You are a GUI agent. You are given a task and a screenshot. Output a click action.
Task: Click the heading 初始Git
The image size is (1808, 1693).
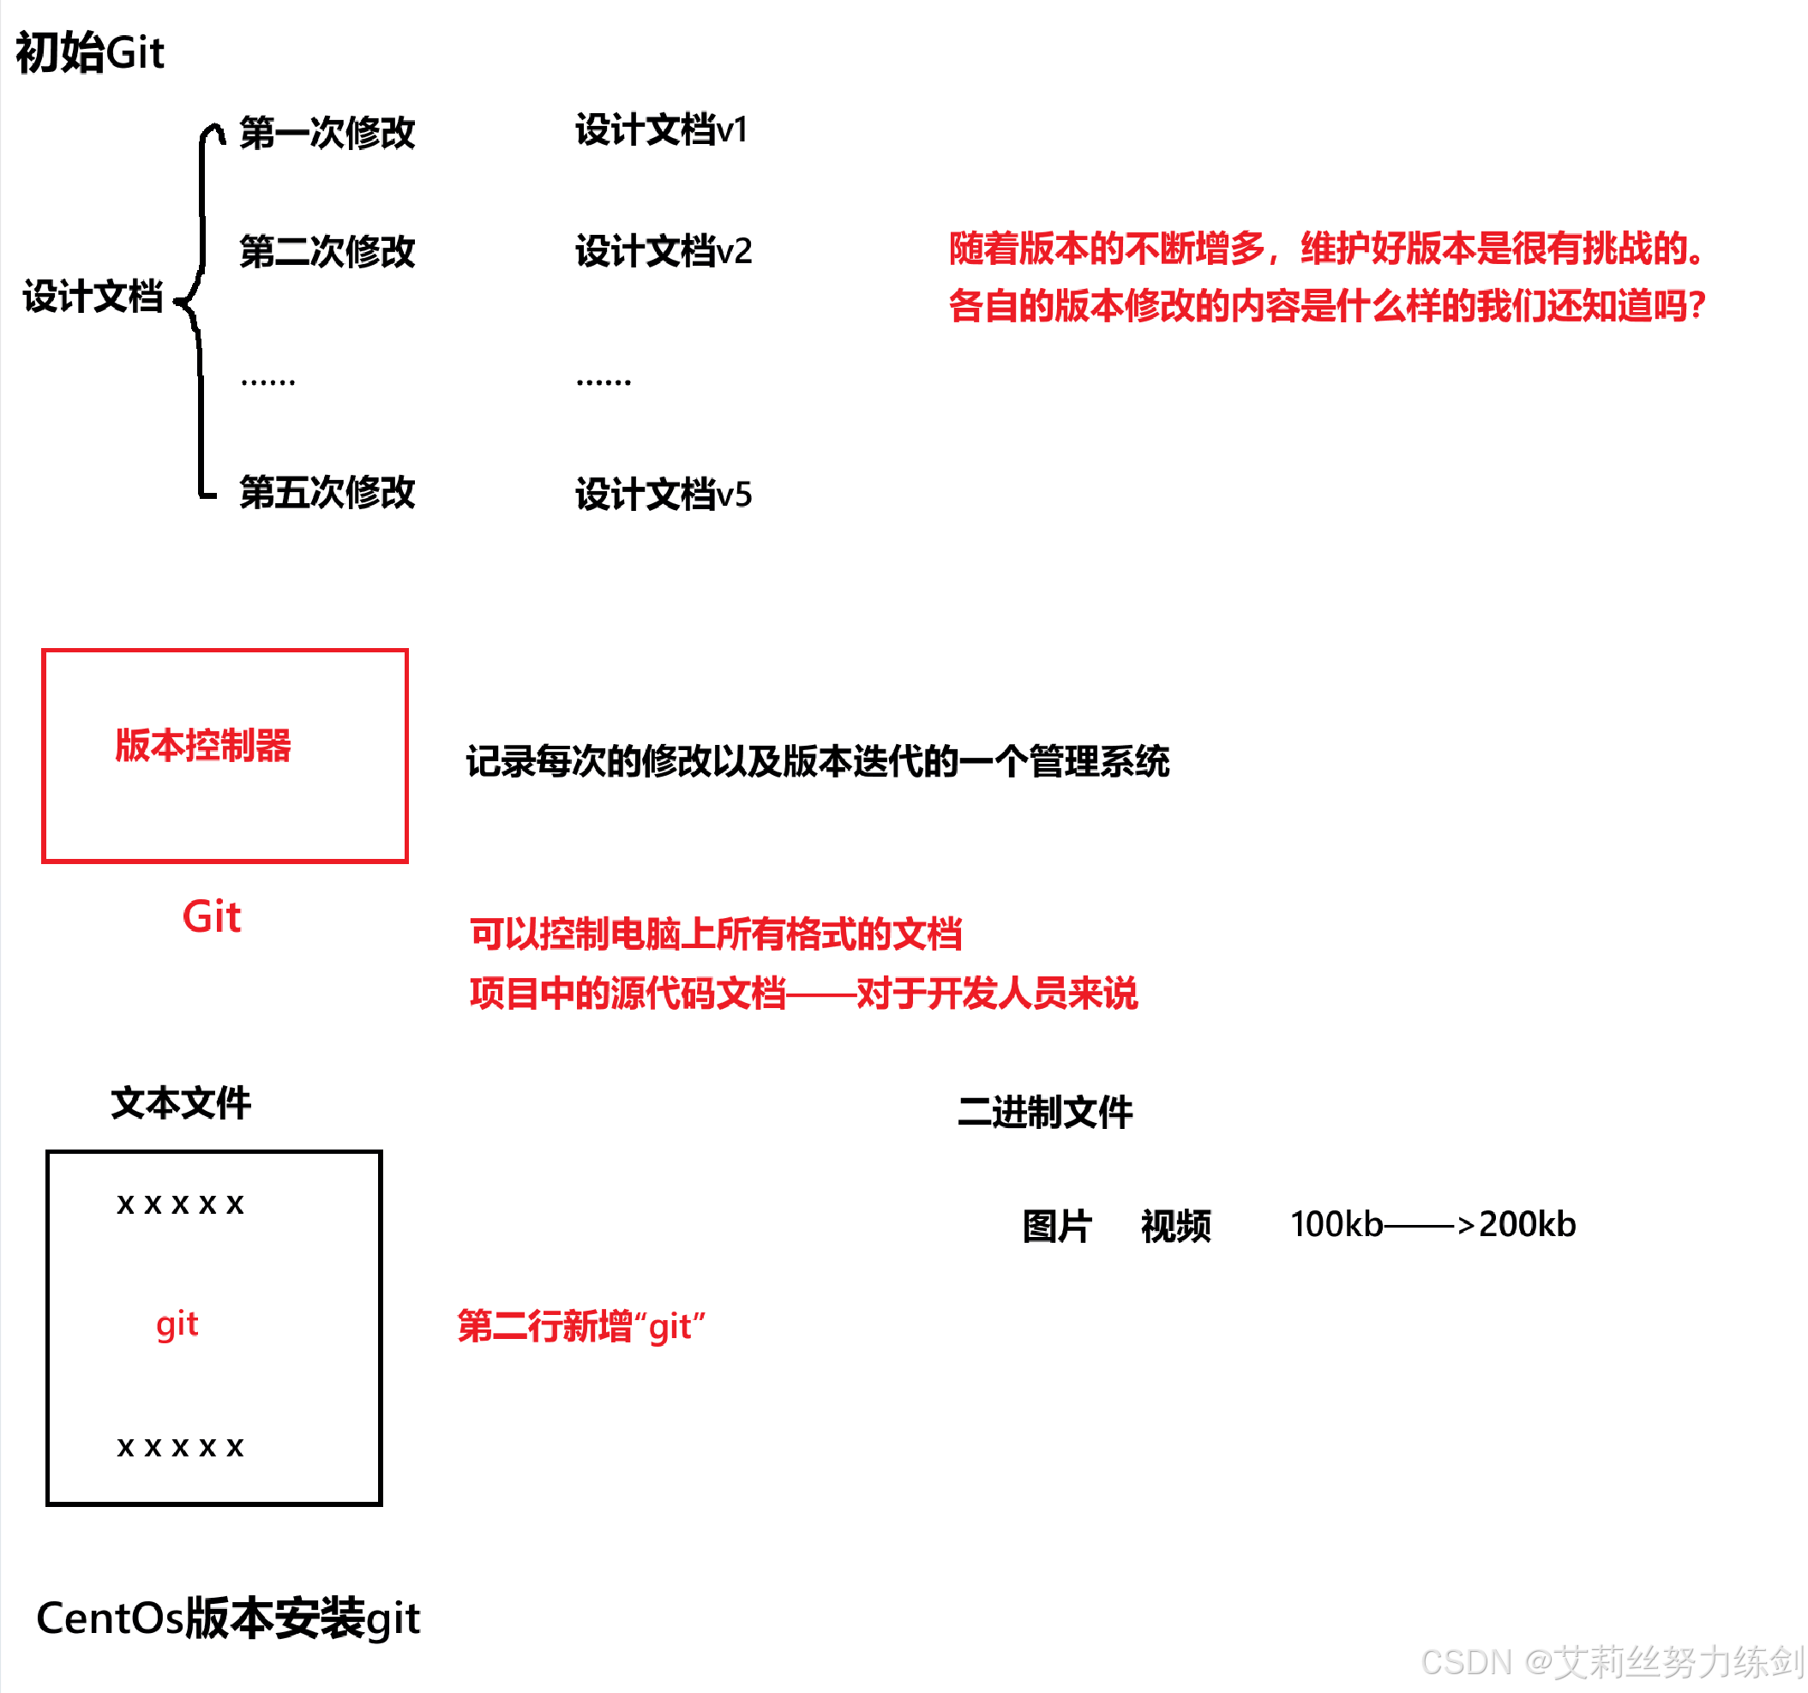pos(89,53)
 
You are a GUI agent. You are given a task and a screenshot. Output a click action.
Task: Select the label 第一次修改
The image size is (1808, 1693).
pos(327,133)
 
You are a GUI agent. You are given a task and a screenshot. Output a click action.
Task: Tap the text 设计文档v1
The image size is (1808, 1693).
pos(661,130)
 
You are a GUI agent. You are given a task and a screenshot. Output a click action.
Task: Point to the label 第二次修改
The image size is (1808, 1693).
pos(327,251)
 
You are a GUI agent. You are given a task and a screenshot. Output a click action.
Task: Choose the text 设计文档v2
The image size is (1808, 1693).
pos(663,251)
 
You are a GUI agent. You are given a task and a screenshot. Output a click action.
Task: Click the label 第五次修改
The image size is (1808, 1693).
pos(327,492)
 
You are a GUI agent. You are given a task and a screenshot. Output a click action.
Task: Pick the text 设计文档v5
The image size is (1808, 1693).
pos(663,495)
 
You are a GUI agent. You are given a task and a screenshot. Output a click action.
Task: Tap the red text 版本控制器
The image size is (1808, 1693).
pos(203,745)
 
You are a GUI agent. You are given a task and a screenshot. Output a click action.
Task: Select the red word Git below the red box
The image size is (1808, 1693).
pos(211,916)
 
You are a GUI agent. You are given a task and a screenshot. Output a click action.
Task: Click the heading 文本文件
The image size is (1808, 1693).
pos(180,1103)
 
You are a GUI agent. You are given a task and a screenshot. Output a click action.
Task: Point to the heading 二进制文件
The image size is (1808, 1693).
pos(1044,1112)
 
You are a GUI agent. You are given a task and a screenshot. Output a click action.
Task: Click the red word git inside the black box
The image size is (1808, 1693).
pos(177,1324)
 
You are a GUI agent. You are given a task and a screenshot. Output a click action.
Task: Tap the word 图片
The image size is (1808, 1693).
pos(1056,1226)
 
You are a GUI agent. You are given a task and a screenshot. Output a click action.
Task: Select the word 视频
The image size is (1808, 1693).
pos(1175,1226)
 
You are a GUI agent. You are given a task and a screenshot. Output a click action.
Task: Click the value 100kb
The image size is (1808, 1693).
pos(1335,1225)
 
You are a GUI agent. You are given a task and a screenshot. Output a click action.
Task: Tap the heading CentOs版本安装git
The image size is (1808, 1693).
pos(227,1618)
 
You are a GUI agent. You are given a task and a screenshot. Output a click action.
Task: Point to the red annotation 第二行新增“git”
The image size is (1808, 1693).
pos(580,1327)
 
